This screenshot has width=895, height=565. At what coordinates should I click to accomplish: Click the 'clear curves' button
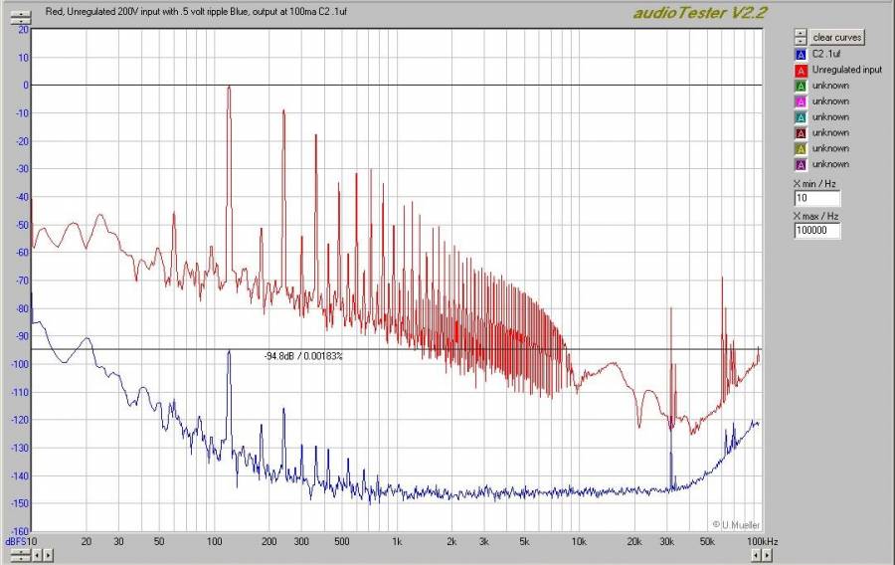click(x=838, y=37)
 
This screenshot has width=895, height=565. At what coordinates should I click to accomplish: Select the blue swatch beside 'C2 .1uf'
click(x=800, y=54)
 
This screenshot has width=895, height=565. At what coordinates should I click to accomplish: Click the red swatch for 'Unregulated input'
click(x=800, y=70)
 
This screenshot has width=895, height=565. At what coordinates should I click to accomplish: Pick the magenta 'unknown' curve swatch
click(x=800, y=101)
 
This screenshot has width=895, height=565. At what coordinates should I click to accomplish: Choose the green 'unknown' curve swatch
click(x=800, y=86)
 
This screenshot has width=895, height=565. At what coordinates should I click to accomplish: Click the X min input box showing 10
click(x=817, y=199)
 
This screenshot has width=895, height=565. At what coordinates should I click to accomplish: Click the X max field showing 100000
click(x=817, y=231)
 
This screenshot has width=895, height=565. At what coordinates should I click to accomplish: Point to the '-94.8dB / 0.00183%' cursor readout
click(x=302, y=356)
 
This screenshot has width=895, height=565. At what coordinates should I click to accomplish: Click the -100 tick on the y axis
click(x=18, y=365)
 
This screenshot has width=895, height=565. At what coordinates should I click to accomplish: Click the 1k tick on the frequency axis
click(x=397, y=541)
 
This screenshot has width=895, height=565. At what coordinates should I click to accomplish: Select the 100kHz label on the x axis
click(x=763, y=541)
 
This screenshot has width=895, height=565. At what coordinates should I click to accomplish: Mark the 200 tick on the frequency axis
click(x=268, y=541)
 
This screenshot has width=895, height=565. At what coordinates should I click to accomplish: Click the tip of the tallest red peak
click(x=229, y=87)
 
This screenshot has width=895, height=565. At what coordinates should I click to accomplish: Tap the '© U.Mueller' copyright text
click(x=737, y=523)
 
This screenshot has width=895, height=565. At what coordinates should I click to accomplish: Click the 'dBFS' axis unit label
click(x=15, y=541)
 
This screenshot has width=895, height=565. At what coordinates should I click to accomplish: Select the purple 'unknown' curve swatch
click(x=800, y=164)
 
